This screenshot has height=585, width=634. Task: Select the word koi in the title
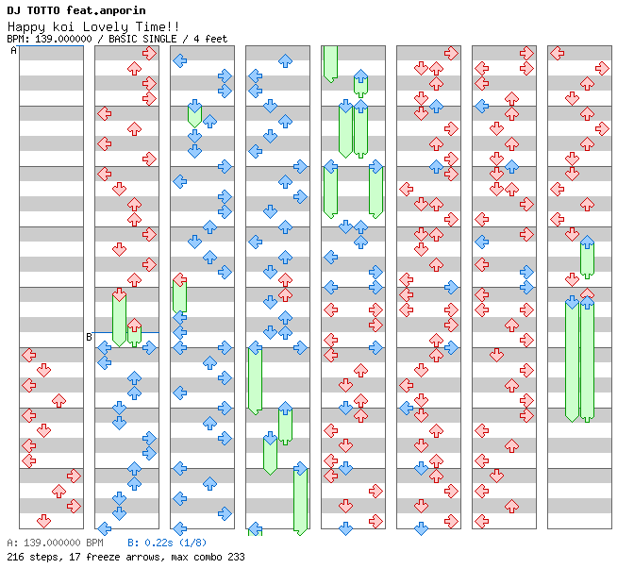64,26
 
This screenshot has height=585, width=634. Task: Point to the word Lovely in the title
108,26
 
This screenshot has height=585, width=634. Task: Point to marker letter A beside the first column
13,51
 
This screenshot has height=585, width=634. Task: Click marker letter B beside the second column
89,337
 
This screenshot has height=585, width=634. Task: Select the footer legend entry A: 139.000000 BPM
55,543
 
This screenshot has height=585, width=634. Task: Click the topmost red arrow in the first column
28,355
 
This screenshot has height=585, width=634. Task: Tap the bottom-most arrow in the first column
43,521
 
